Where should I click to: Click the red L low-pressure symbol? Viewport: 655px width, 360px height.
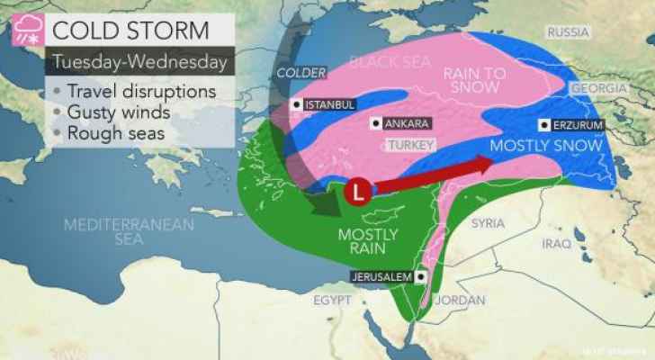(x=359, y=192)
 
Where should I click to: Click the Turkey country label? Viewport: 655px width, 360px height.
(x=415, y=145)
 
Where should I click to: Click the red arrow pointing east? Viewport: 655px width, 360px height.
(x=434, y=177)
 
